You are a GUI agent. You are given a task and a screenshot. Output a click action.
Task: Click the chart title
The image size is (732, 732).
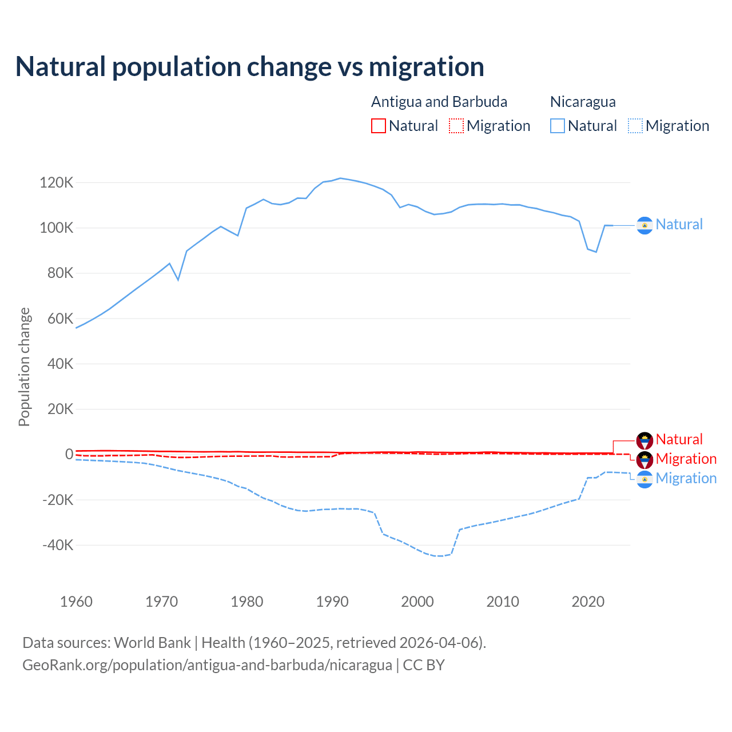250,67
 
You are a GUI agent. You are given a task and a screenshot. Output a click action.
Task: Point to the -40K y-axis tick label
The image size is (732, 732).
58,545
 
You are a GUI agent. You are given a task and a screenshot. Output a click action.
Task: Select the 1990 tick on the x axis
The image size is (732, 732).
332,602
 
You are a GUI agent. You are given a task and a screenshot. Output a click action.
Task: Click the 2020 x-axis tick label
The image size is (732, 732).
588,602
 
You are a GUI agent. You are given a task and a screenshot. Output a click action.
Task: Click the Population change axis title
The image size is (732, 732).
24,367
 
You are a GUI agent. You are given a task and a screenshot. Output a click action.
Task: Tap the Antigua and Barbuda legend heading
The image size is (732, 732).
439,102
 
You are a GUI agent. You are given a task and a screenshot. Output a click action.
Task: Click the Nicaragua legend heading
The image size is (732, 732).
583,102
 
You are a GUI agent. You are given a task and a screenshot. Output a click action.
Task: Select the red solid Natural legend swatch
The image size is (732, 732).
379,126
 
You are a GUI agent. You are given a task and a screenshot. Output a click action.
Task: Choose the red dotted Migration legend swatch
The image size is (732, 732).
456,126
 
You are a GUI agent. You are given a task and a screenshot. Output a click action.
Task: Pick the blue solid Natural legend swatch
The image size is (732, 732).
558,126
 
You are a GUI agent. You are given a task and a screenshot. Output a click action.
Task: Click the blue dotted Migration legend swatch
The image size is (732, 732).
635,126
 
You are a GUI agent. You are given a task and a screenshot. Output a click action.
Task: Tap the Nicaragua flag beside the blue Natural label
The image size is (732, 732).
645,226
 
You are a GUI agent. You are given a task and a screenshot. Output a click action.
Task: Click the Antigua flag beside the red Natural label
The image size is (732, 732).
645,440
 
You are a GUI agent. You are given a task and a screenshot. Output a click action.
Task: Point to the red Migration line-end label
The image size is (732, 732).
686,459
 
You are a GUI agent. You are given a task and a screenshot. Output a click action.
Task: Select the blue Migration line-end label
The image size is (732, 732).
686,479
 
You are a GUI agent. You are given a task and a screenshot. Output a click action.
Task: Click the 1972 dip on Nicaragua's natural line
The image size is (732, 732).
178,280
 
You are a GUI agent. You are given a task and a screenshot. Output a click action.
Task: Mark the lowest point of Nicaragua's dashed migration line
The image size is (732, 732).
439,556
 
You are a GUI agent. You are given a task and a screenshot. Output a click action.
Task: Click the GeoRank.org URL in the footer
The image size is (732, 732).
207,665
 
